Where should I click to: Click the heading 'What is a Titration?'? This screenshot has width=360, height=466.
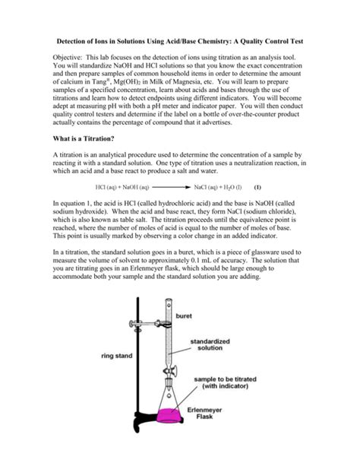tap(84, 138)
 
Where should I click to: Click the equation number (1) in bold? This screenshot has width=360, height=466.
tap(257, 187)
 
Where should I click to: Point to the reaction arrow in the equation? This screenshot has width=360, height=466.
tap(171, 187)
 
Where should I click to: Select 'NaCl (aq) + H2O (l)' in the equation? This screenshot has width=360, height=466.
tap(218, 187)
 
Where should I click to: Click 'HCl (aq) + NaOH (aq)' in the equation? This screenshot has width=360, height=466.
tap(122, 187)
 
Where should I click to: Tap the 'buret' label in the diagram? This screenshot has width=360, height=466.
tap(184, 316)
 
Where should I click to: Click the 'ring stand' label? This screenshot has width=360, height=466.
tap(117, 356)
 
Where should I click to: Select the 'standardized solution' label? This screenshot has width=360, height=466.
tap(210, 344)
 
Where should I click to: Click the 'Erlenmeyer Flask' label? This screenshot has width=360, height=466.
tap(204, 413)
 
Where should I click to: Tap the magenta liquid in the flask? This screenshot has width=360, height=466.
tap(169, 416)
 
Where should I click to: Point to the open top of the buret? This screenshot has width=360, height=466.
tap(169, 300)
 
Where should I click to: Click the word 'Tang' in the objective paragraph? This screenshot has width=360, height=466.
tap(101, 82)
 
